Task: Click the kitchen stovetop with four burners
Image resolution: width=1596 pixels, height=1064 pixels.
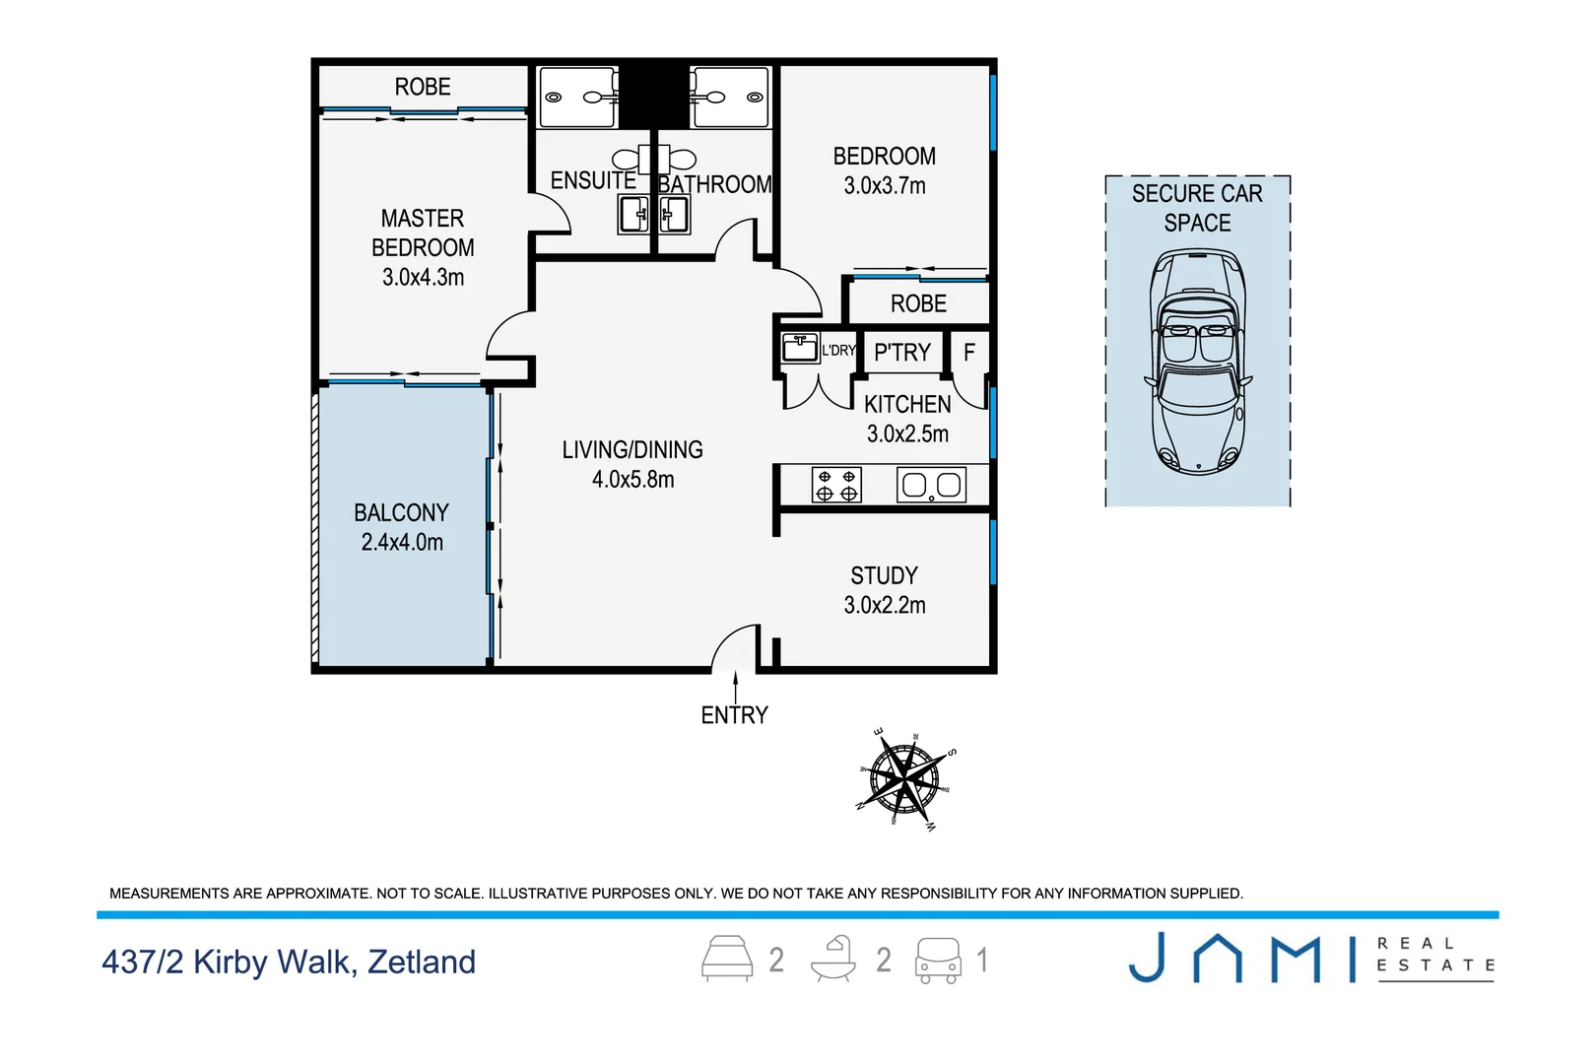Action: (836, 486)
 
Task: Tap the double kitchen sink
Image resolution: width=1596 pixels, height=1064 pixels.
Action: (931, 486)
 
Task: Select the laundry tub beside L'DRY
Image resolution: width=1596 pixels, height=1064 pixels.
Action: (800, 349)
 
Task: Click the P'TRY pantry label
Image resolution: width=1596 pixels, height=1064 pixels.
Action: (902, 352)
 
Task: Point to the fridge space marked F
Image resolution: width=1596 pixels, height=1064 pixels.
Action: (969, 352)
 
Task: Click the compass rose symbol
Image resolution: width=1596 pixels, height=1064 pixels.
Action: (904, 779)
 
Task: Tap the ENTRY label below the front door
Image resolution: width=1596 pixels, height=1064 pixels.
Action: (735, 715)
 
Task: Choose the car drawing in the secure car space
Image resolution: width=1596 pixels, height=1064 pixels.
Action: (1198, 362)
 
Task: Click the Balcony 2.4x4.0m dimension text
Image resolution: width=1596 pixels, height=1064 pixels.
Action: (402, 542)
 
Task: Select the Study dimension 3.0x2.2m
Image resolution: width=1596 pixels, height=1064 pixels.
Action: (885, 605)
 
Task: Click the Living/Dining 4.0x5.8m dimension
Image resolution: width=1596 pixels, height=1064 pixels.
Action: (632, 480)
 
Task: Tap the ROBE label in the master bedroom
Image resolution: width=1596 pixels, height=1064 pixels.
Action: (423, 87)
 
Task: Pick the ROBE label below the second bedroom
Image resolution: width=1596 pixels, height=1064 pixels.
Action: (918, 303)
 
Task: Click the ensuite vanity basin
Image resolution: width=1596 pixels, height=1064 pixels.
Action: (633, 214)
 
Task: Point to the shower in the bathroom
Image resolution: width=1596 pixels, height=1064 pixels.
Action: (730, 97)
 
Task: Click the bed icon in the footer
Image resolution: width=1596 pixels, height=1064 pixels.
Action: (727, 959)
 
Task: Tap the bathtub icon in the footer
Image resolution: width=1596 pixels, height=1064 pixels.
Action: (833, 959)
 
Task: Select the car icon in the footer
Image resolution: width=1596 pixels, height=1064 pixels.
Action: (938, 960)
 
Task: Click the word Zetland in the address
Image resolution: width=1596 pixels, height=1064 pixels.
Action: (422, 962)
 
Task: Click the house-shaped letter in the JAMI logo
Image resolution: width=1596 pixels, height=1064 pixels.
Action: (1218, 958)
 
